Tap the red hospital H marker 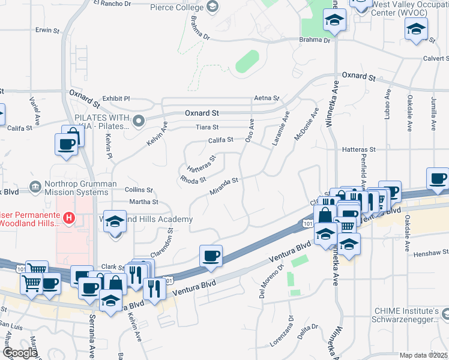coord(70,217)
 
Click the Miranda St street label coord(224,187)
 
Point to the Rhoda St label coord(193,179)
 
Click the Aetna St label coord(267,98)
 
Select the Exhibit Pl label coord(116,98)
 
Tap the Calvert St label coord(435,59)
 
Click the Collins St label coord(139,189)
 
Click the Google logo coord(19,353)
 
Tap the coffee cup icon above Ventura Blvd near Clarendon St coord(211,256)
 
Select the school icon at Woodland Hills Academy coord(115,223)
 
